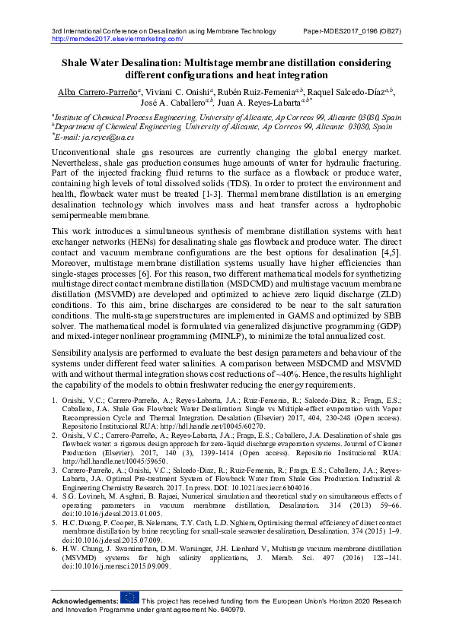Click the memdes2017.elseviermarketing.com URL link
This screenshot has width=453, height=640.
pyautogui.click(x=117, y=38)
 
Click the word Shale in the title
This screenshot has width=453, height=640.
pyautogui.click(x=78, y=62)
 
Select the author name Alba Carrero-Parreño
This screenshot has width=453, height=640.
pyautogui.click(x=98, y=91)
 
